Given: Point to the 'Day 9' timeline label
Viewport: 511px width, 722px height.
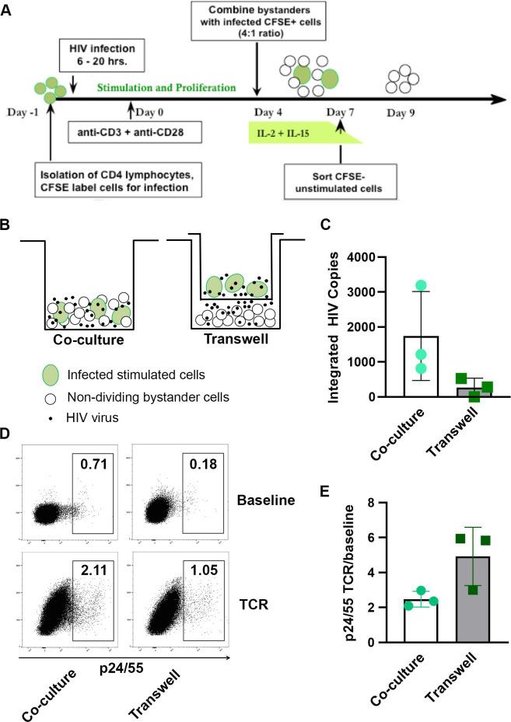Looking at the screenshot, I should point(401,112).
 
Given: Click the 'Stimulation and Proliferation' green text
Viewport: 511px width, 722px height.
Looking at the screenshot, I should point(166,88).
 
